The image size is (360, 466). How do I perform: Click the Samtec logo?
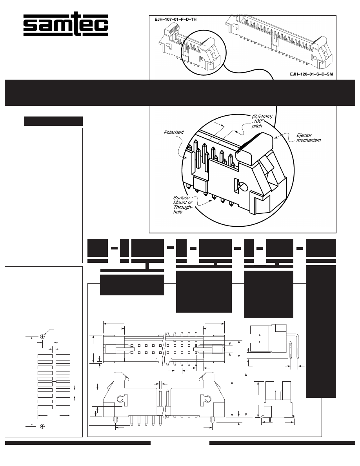click(65, 26)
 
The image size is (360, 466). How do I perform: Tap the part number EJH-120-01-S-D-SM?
click(308, 74)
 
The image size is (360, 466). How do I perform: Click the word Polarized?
click(173, 133)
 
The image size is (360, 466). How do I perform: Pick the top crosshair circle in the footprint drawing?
click(42, 336)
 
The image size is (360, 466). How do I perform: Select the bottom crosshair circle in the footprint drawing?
click(42, 426)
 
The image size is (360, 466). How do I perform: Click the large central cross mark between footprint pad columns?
click(54, 381)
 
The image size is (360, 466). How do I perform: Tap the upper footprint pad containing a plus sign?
click(63, 390)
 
